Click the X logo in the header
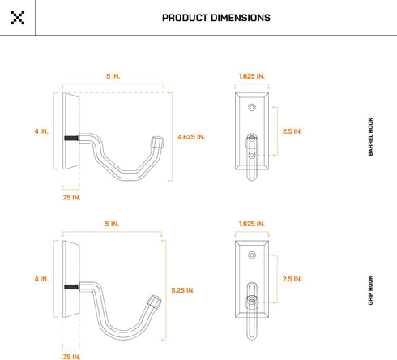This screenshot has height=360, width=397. coord(18,18)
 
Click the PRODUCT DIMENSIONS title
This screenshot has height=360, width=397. coord(216,18)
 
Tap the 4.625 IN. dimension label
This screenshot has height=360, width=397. coord(191,137)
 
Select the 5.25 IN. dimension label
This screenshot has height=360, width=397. coord(183,290)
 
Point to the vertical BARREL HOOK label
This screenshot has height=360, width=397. coord(370,136)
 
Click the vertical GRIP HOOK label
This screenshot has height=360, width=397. coord(370,290)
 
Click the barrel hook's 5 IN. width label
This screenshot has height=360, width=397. coord(113,76)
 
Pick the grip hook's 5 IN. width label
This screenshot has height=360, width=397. coord(112,224)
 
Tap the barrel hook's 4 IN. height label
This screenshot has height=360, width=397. coord(41,131)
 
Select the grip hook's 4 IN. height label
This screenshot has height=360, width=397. coord(41,279)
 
